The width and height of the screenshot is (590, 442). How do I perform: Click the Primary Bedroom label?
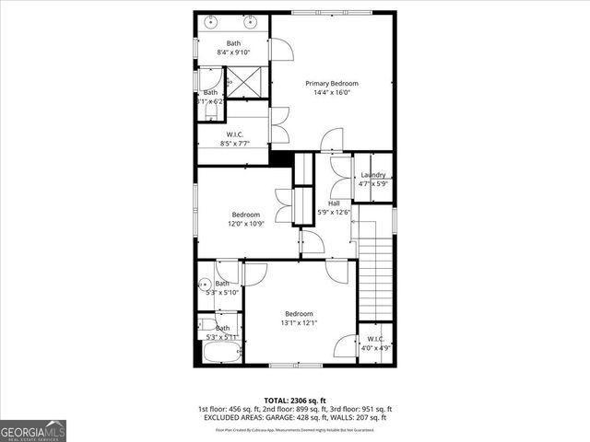pos(332,84)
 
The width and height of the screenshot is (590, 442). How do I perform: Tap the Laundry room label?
pos(373,175)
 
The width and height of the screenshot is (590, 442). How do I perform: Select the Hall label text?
pos(334,204)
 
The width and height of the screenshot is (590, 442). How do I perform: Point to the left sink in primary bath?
pos(213,20)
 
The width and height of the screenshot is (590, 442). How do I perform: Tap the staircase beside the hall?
pos(375,276)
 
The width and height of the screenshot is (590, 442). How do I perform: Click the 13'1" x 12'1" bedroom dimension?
pos(300,322)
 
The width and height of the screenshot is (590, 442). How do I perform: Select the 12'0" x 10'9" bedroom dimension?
pos(246,224)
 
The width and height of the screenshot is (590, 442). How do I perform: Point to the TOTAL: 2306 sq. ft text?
pos(294,400)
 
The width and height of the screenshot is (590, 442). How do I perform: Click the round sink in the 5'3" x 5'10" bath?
pos(205,285)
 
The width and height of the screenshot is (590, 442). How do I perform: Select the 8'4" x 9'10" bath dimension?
pos(233,52)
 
